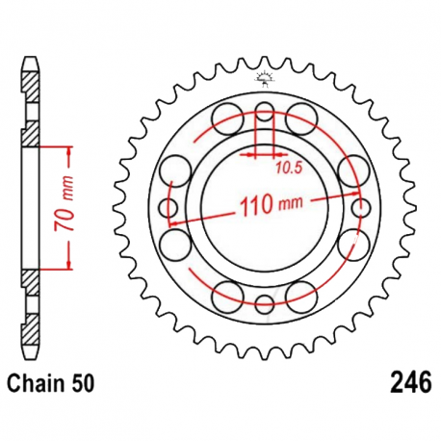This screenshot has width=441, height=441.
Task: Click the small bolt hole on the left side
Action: [x=165, y=208]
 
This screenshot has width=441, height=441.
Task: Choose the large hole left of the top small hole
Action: [x=228, y=119]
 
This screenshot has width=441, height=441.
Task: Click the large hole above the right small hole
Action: [x=352, y=172]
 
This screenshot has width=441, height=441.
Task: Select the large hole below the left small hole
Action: [x=176, y=244]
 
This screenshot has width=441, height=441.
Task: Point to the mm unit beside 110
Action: [x=289, y=205]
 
